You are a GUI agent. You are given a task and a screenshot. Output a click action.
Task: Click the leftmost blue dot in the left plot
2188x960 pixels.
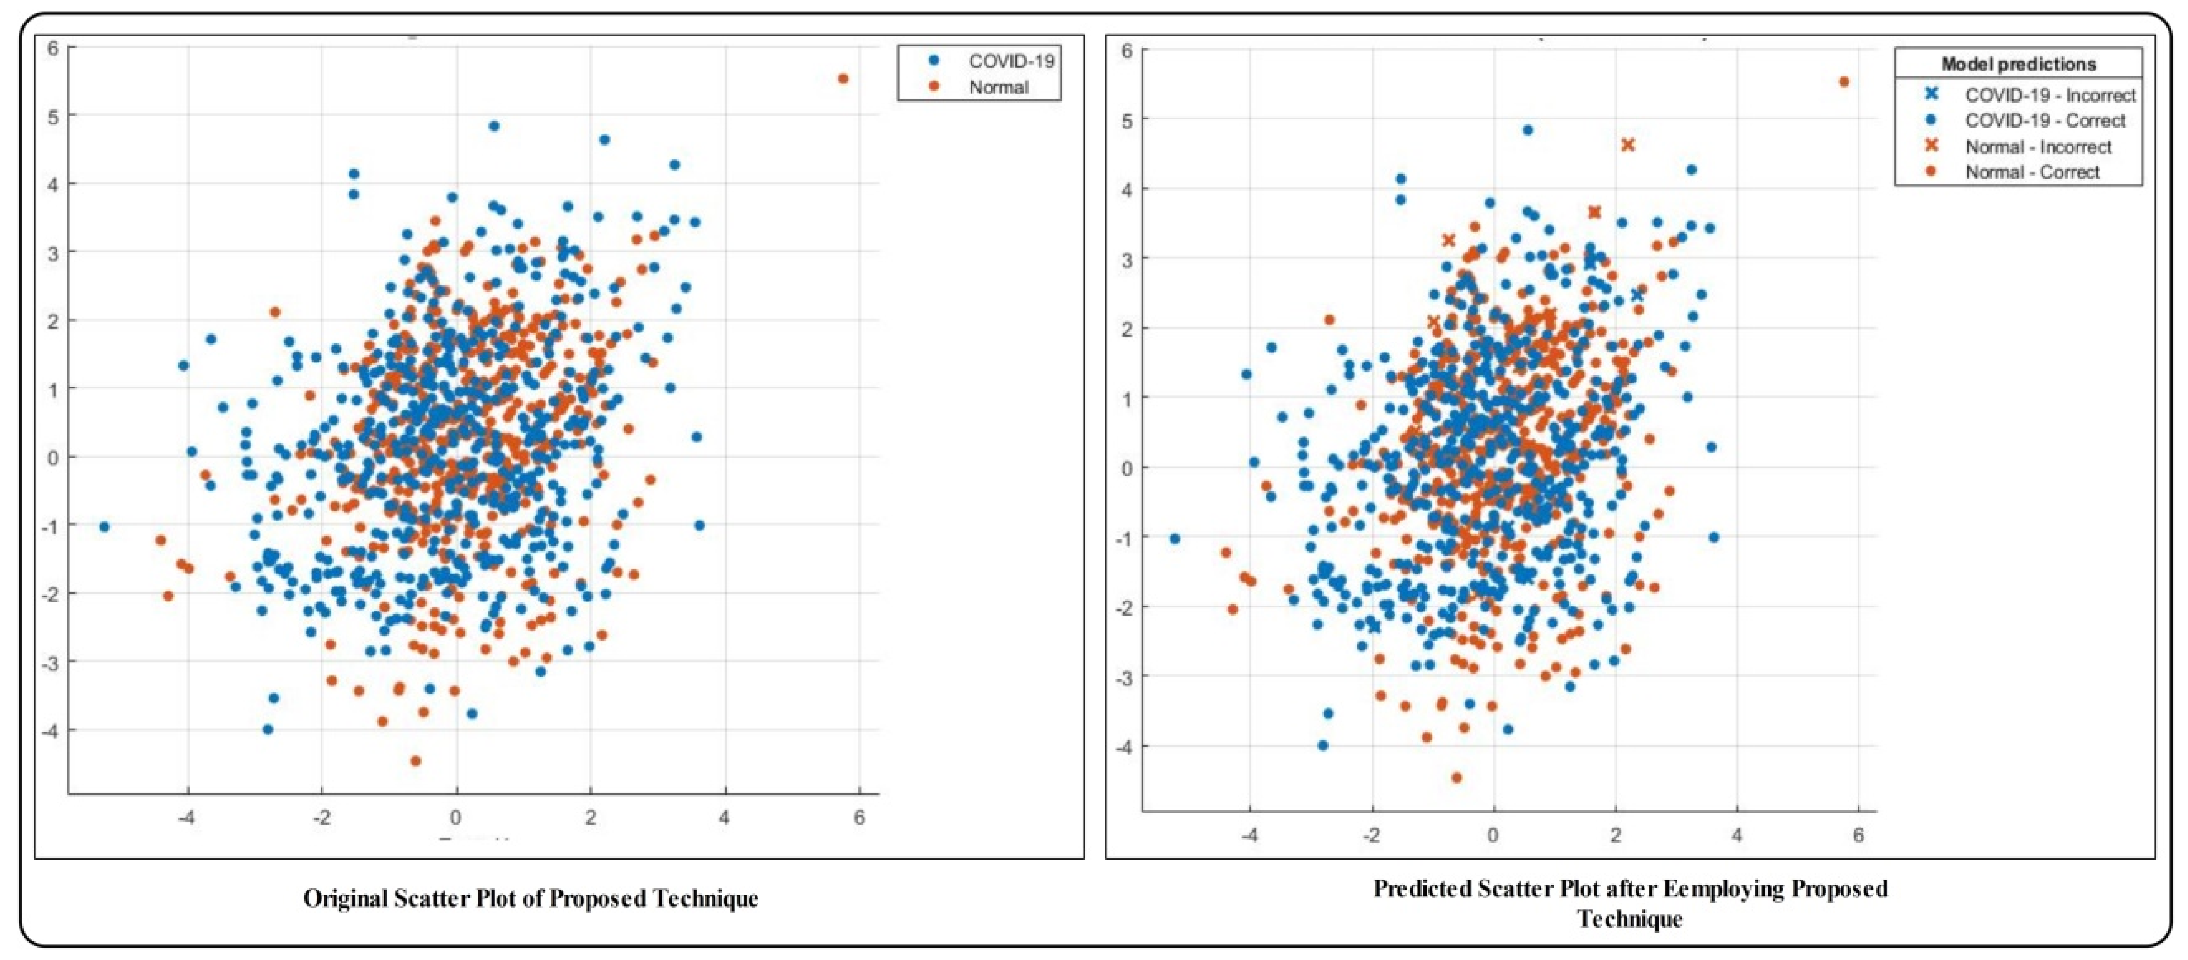click(104, 527)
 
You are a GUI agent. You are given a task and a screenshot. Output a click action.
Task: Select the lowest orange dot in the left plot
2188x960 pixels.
click(415, 761)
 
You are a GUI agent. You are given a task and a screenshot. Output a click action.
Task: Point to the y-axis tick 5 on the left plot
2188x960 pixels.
click(53, 116)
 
